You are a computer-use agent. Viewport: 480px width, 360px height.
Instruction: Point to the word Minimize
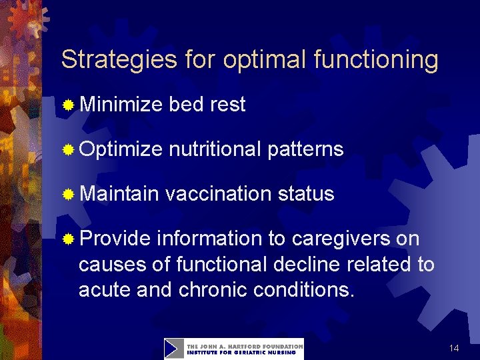click(121, 105)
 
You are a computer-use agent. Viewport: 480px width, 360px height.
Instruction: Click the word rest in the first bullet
click(227, 105)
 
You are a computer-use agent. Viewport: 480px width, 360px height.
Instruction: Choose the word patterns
click(305, 149)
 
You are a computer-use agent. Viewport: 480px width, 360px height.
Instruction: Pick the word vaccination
click(218, 194)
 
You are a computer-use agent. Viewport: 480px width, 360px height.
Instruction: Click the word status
click(305, 194)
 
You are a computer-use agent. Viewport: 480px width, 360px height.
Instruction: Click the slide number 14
click(454, 349)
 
